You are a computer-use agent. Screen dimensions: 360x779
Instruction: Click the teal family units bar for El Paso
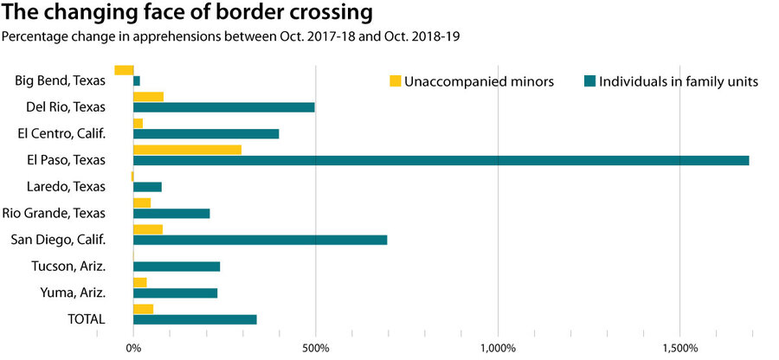(x=441, y=160)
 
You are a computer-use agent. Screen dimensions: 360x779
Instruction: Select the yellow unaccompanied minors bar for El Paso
(x=187, y=150)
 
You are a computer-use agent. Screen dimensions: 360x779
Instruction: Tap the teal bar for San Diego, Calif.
(x=260, y=240)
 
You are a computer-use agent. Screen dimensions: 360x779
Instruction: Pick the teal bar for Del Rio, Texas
(x=223, y=107)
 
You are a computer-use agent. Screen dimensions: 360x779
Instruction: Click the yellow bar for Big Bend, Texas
(x=124, y=70)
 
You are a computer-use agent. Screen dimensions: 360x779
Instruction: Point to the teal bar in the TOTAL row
(x=195, y=319)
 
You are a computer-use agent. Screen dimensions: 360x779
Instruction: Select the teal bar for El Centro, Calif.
(x=206, y=134)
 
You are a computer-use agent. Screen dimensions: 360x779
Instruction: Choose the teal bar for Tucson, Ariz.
(x=177, y=267)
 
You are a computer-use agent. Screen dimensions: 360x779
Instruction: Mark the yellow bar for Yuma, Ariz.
(x=140, y=282)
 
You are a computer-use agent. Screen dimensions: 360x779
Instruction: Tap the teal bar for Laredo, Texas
(x=147, y=187)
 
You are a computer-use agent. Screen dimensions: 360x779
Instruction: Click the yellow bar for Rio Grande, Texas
(x=142, y=202)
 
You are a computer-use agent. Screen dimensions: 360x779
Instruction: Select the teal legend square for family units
(x=589, y=81)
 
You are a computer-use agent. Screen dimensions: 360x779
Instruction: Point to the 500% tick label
(x=315, y=348)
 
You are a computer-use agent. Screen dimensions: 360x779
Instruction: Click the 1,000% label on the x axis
(x=498, y=348)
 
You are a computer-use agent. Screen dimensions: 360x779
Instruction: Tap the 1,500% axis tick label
(x=679, y=348)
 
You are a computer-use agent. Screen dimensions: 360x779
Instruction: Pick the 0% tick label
(x=133, y=348)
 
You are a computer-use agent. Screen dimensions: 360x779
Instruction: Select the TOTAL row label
(x=87, y=318)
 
